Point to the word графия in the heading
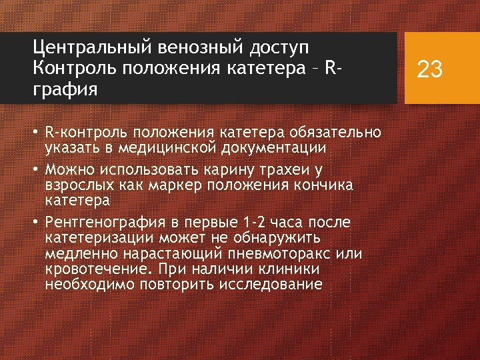(65, 89)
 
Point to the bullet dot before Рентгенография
(37, 221)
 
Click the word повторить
(175, 285)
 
